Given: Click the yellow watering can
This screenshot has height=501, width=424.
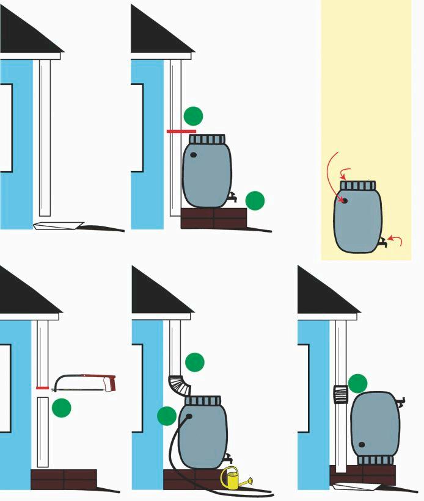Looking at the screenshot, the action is tap(232, 479).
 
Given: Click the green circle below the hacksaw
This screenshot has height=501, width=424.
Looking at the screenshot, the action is tap(62, 407).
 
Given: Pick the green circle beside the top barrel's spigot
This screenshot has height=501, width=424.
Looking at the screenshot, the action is tap(255, 200).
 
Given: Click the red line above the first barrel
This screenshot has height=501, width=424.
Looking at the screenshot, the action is tap(181, 131).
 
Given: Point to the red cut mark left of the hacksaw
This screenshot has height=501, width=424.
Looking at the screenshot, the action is tap(42, 388).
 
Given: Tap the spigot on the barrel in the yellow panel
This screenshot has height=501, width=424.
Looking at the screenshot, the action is tap(382, 242).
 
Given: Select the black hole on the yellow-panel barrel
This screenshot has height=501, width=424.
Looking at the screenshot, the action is tap(345, 200).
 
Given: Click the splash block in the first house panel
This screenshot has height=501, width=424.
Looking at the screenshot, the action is tap(59, 225).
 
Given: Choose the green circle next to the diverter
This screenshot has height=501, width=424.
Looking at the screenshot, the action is tap(357, 383).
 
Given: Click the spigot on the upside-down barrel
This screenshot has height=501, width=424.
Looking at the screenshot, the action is tap(401, 402).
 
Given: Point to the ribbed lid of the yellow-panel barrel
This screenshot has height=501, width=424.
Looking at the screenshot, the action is tap(357, 186).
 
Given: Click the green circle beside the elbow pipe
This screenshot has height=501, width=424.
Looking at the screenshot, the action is tap(195, 362).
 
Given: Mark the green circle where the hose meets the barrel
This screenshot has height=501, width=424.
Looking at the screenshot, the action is tap(167, 416).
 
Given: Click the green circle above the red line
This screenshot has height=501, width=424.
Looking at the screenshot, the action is tap(193, 115).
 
